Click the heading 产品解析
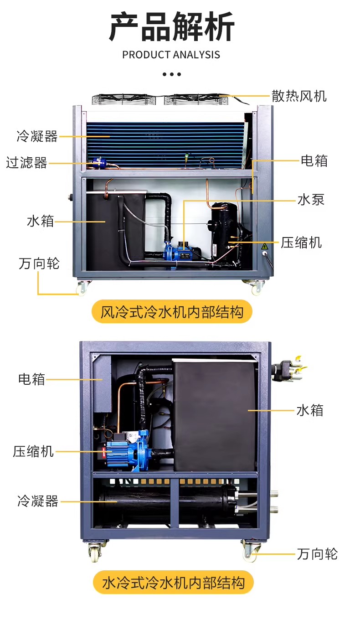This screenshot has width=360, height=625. coord(171,27)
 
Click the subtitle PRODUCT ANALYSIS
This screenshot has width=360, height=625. coord(171,55)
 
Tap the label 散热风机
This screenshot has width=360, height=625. coord(299,96)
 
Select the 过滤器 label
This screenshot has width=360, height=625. coord(27,163)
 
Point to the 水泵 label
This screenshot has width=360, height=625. coord(311,200)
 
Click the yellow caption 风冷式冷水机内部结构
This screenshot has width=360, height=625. coord(172,312)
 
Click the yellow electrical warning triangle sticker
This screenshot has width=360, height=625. coord(264,246)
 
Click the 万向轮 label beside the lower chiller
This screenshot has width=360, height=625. coord(317,554)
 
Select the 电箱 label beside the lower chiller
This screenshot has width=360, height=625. coord(31,379)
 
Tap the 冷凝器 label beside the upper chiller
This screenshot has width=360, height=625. coord(37,136)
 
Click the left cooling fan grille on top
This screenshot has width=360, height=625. coord(123,99)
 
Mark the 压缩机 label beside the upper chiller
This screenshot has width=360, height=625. coord(301,243)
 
